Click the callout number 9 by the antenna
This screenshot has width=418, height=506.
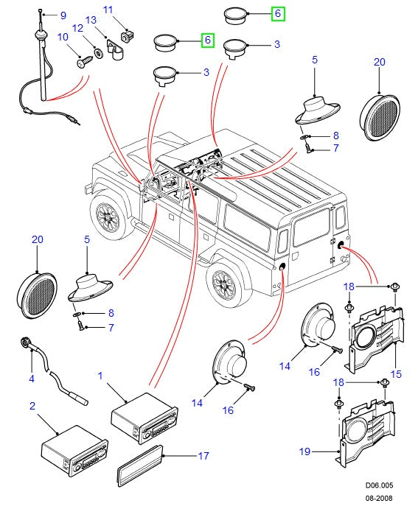click(x=62, y=15)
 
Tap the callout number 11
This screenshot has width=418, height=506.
click(x=108, y=10)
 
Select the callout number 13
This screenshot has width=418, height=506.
click(x=91, y=20)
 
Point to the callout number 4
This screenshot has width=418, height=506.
click(x=32, y=379)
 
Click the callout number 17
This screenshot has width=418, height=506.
click(x=203, y=456)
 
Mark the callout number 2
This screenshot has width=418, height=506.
click(x=32, y=406)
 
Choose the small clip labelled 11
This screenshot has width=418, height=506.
click(x=128, y=35)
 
